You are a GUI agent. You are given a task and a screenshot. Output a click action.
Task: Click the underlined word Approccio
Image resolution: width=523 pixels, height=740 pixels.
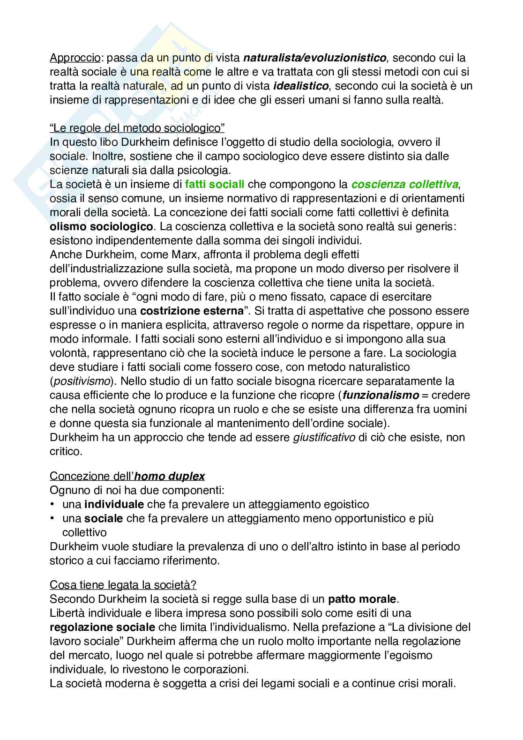[75, 58]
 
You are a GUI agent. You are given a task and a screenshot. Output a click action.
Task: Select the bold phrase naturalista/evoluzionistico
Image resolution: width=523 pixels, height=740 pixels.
[315, 58]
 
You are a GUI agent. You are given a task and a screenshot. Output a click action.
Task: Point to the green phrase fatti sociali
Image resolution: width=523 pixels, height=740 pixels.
[215, 185]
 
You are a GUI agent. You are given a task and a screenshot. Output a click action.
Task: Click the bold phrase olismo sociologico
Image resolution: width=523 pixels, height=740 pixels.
[101, 227]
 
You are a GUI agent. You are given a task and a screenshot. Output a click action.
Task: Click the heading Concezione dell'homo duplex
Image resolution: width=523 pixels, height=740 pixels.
[127, 476]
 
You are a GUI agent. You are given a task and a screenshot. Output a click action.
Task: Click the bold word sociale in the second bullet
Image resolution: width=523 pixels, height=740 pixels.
[104, 518]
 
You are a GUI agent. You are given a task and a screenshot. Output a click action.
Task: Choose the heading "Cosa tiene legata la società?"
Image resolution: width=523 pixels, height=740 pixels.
[123, 585]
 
